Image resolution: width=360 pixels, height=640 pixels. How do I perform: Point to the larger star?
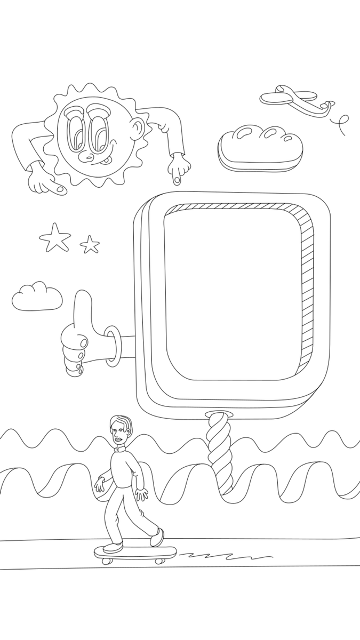54,237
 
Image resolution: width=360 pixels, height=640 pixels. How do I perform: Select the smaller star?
90,244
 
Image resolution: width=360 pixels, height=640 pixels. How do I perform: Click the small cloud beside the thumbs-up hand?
37,297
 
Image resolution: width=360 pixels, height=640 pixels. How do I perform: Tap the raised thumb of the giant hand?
83,309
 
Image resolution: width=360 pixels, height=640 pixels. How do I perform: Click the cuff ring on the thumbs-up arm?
111,347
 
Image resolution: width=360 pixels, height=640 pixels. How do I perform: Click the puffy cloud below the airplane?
260,148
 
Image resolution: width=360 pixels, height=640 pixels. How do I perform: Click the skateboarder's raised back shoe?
157,537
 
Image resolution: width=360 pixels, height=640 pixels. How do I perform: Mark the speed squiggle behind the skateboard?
224,556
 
